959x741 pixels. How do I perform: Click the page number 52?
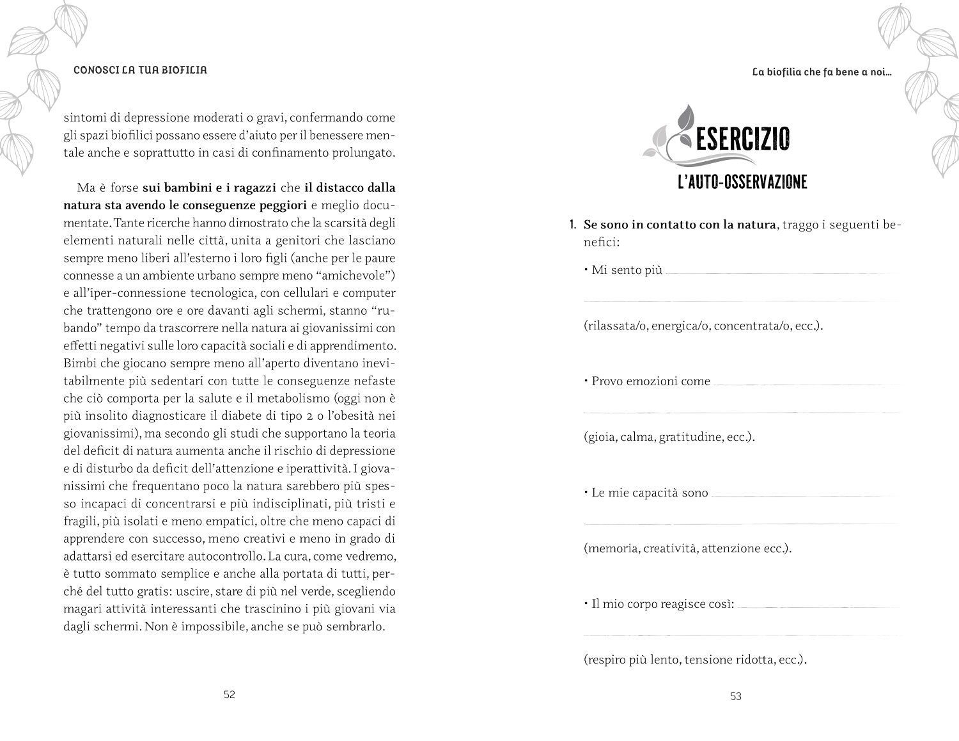point(230,695)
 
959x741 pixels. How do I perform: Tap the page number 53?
point(735,696)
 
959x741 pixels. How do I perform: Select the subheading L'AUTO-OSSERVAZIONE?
point(742,182)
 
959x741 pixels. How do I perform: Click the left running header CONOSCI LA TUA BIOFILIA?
point(141,70)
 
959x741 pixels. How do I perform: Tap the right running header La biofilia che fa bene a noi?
point(822,72)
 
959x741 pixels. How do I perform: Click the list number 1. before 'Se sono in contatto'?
point(573,225)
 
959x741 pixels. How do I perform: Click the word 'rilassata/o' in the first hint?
point(615,326)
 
